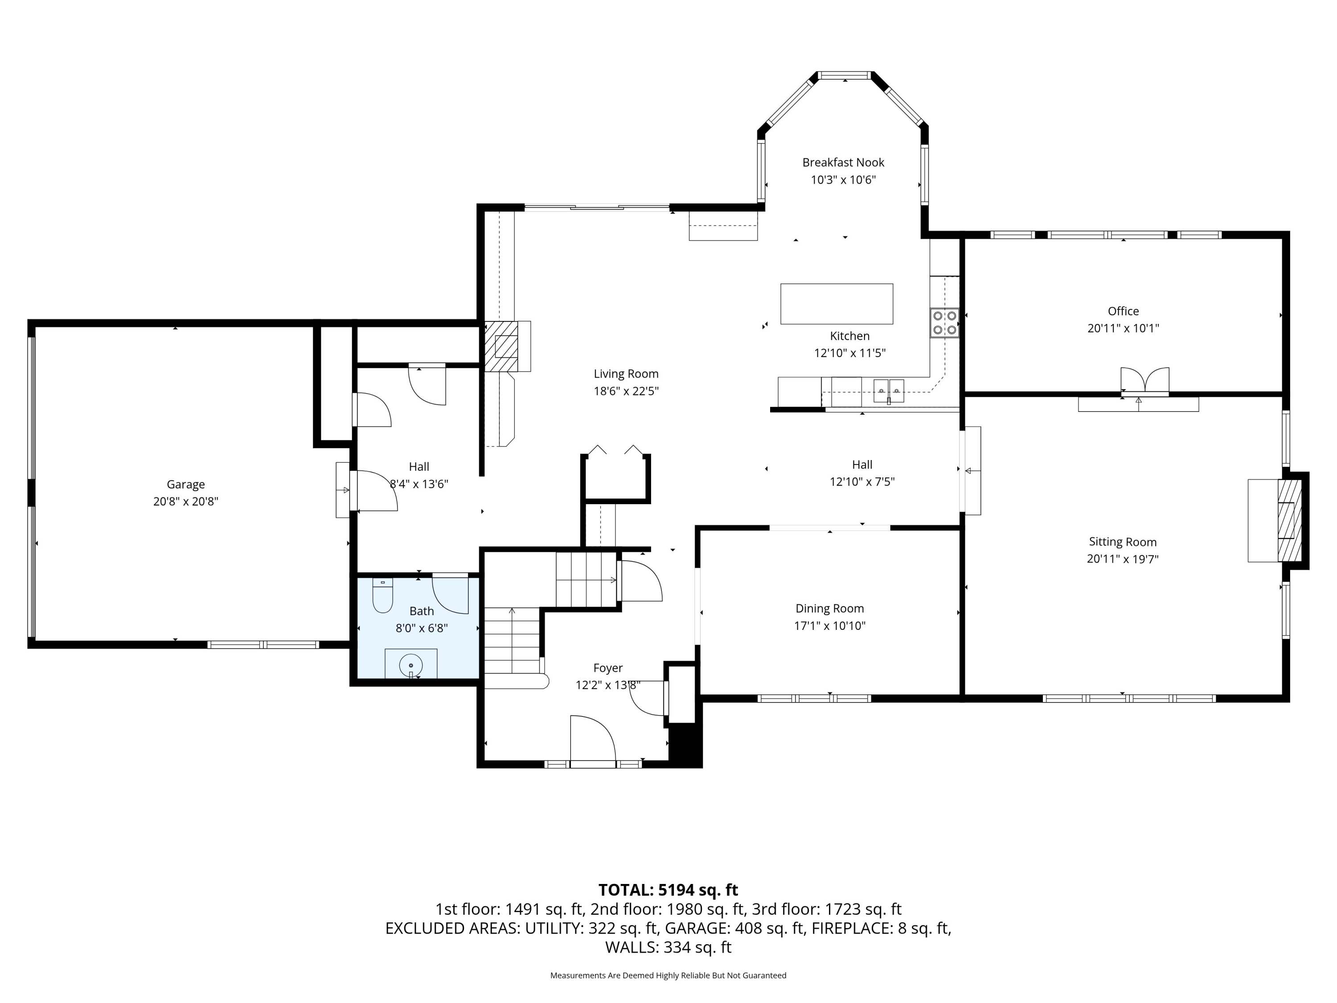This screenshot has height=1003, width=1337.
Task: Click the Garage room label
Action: click(x=185, y=484)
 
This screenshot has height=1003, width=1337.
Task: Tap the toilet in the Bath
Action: click(x=382, y=595)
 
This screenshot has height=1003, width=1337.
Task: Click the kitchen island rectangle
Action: click(x=837, y=304)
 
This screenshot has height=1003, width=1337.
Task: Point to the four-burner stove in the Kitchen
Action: click(x=944, y=322)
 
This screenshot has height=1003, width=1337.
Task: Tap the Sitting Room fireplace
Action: click(x=1289, y=520)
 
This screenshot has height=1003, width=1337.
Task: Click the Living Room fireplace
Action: click(x=502, y=346)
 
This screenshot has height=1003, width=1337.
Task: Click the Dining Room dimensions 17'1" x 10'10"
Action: click(x=829, y=626)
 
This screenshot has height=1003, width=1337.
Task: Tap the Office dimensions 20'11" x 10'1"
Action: click(x=1123, y=328)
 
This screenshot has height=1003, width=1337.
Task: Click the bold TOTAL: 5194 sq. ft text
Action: click(x=668, y=890)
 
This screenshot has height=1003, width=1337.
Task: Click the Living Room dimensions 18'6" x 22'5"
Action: click(x=626, y=391)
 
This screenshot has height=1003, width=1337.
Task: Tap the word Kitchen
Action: click(x=849, y=336)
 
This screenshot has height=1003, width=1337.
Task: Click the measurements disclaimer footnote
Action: click(x=668, y=975)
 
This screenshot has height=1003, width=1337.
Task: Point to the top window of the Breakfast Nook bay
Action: click(x=845, y=76)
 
